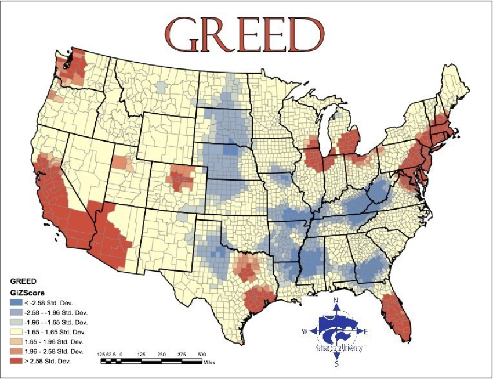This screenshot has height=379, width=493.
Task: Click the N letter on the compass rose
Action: click(336, 301)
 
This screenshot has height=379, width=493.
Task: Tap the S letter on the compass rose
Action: click(336, 364)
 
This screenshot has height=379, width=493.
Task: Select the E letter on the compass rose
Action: click(366, 331)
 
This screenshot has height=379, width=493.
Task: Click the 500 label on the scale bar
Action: click(202, 353)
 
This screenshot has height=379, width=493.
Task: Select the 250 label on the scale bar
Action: click(161, 353)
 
